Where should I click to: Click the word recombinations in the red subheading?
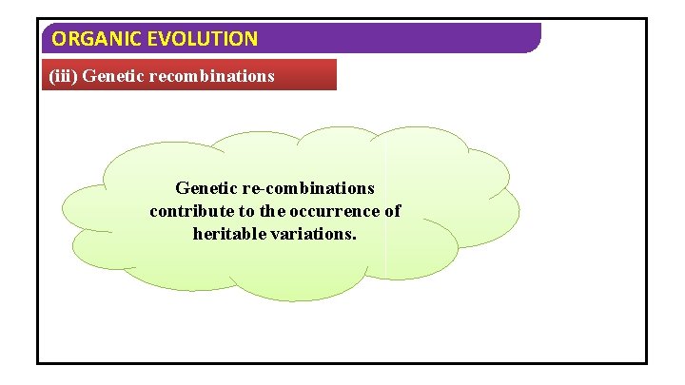coord(211,75)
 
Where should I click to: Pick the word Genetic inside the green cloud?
coord(205,188)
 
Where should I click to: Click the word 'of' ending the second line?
coord(392,211)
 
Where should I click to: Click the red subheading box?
coord(189,74)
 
